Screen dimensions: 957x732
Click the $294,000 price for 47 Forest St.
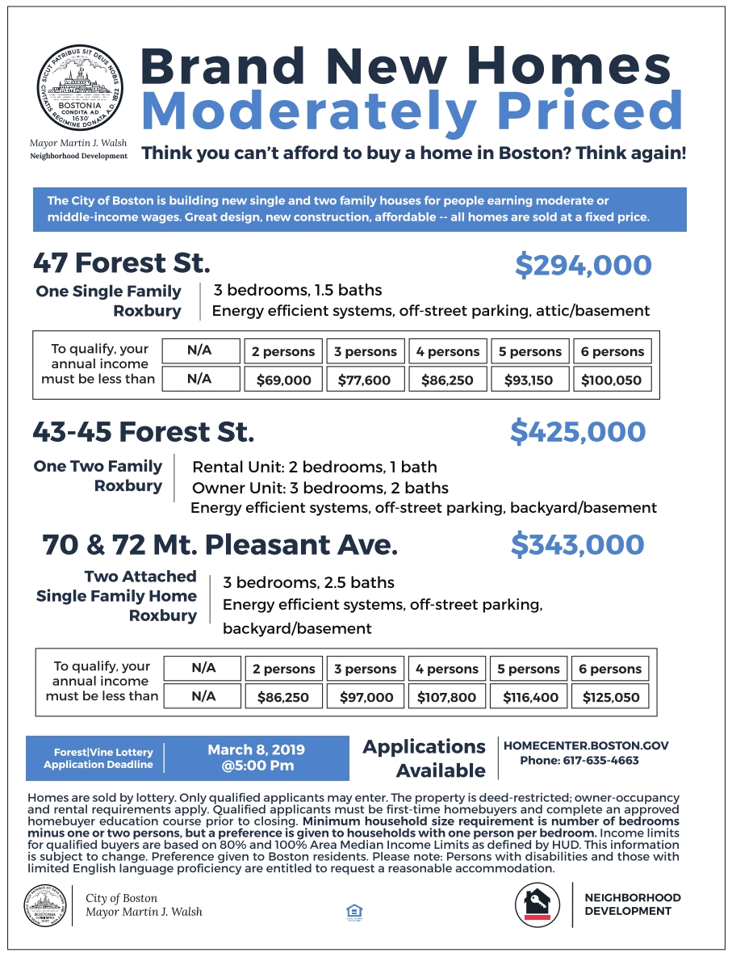[x=583, y=265]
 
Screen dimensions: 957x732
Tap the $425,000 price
[x=578, y=432]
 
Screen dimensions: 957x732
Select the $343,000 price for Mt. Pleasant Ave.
[x=578, y=545]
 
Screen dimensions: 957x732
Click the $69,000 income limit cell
[x=283, y=380]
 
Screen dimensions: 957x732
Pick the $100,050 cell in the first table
[x=612, y=380]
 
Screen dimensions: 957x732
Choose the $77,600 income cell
[x=365, y=380]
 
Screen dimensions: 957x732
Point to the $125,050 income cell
[x=610, y=697]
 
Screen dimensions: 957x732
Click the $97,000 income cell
[x=366, y=697]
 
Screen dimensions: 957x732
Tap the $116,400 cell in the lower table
[x=529, y=697]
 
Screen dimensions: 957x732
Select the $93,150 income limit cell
[x=529, y=380]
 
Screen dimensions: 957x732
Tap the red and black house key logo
[x=537, y=903]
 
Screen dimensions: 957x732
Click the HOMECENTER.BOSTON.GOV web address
[x=586, y=746]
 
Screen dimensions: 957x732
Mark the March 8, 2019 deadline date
[x=257, y=750]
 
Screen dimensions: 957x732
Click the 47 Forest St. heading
[x=121, y=263]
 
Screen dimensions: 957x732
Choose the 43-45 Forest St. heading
[x=143, y=432]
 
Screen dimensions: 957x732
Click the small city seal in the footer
[x=46, y=905]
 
